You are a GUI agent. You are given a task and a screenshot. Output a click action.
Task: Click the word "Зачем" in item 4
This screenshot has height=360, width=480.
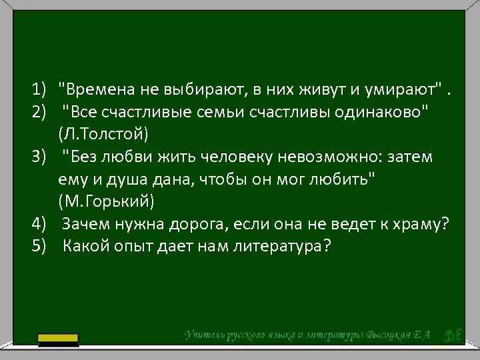(87, 224)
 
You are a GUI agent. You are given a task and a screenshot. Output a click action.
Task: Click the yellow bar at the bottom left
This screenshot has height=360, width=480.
(58, 340)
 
